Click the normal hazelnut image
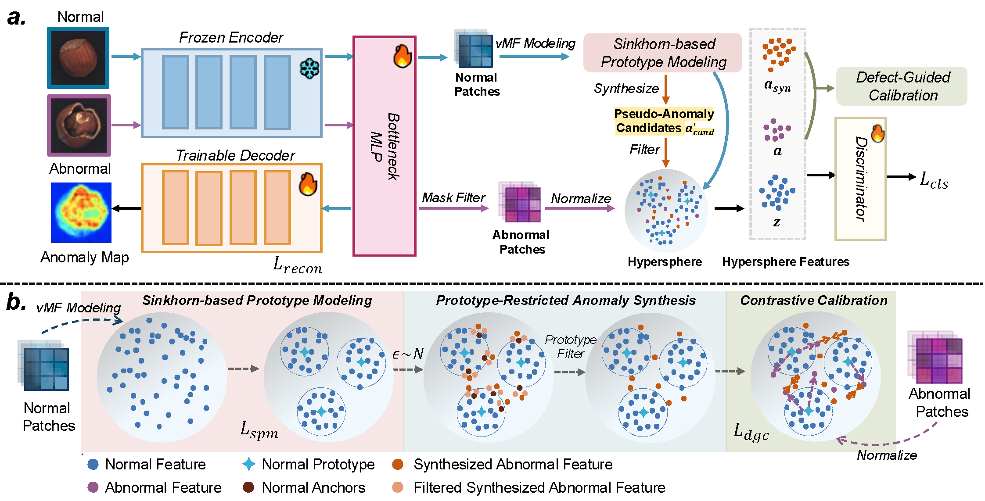(x=78, y=58)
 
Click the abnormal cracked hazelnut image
(x=79, y=125)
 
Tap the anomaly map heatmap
(x=81, y=213)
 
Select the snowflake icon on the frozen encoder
(x=309, y=69)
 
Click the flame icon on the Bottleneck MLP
(x=402, y=56)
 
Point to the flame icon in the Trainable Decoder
(x=308, y=184)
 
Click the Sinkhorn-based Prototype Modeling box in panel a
(x=662, y=53)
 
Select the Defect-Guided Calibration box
(x=902, y=86)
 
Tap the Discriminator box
(x=860, y=179)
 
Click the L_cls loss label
(x=934, y=180)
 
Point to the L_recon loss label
(x=298, y=265)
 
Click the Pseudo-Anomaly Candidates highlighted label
(x=664, y=121)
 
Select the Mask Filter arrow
(x=453, y=208)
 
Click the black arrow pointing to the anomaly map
(x=126, y=208)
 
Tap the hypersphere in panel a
(x=666, y=211)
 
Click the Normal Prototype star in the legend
(x=249, y=464)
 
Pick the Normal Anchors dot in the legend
(x=248, y=487)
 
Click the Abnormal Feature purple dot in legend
(x=93, y=487)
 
